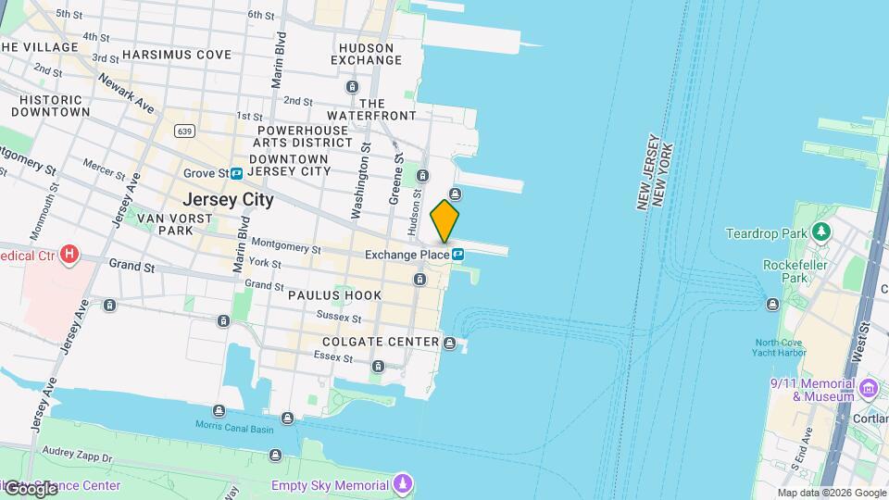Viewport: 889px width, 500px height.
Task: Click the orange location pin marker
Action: (x=444, y=220)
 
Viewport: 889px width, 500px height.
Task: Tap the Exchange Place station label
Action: (x=407, y=255)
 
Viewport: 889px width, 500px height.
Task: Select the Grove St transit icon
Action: (x=237, y=173)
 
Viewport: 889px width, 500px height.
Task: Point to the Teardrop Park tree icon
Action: (x=820, y=231)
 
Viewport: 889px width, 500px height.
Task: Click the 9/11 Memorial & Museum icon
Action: (x=868, y=386)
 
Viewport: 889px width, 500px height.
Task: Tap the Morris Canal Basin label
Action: (x=234, y=425)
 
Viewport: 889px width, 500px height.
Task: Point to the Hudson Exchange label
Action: (x=370, y=54)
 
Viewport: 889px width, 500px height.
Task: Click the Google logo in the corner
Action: (x=31, y=488)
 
